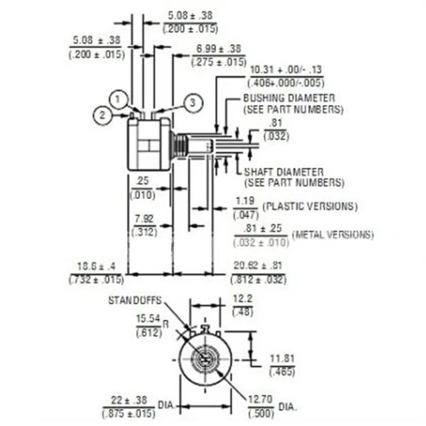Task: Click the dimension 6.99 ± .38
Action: (218, 49)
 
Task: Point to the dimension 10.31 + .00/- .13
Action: (286, 70)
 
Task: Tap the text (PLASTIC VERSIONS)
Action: (310, 206)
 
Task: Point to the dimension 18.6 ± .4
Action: (96, 266)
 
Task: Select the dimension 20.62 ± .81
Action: (258, 266)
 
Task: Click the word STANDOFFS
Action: (134, 300)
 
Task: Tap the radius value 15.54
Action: (148, 319)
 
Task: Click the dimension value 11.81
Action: (282, 358)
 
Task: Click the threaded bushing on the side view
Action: (182, 145)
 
